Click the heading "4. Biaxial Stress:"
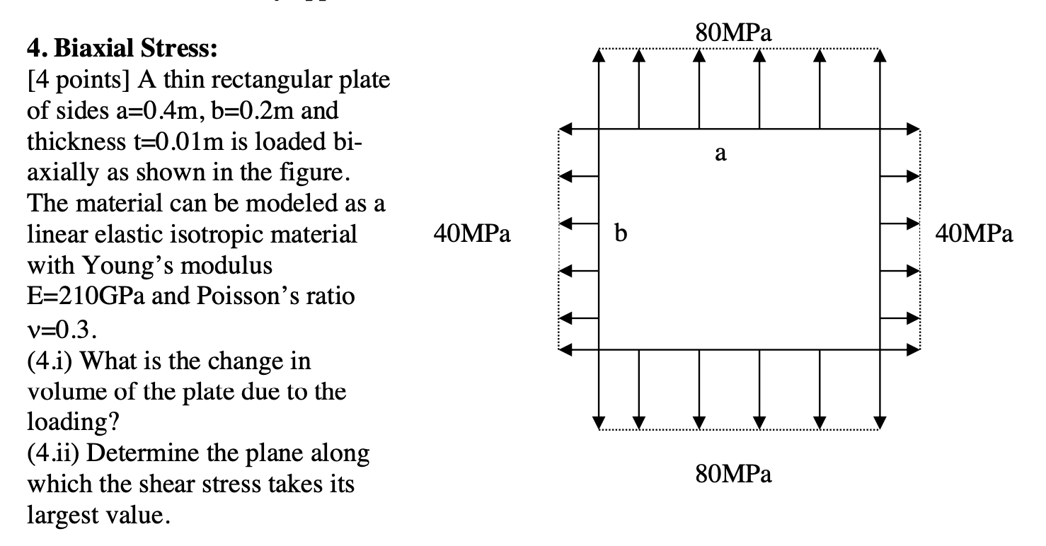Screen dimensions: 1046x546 tap(122, 50)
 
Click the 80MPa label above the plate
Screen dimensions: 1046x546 tap(733, 32)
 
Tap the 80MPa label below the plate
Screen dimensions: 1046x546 tap(733, 473)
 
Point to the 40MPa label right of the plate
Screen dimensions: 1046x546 tap(974, 233)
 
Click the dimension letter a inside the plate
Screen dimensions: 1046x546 tap(720, 153)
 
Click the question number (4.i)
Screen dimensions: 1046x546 tap(47, 361)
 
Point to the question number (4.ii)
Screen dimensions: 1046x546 tap(50, 453)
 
